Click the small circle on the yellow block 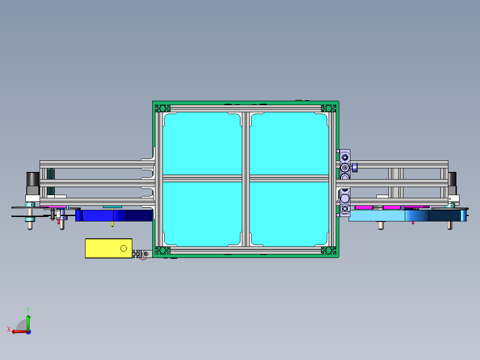124,248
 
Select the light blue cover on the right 376,216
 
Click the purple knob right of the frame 355,168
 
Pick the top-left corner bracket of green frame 163,108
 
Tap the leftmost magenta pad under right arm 363,207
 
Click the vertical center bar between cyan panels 245,178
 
